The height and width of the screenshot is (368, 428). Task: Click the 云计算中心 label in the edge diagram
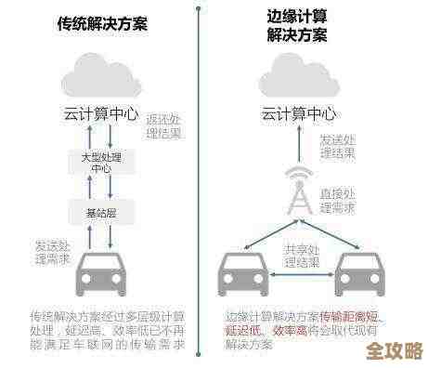[297, 114]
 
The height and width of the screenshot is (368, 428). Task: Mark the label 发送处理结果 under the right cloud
[337, 146]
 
